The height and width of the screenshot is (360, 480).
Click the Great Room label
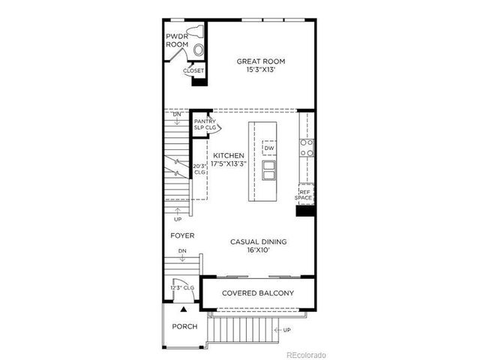tap(260, 66)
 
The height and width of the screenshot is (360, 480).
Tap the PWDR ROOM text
tap(177, 40)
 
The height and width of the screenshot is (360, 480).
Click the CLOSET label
tap(193, 70)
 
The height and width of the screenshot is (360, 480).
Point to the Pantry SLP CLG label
tap(205, 124)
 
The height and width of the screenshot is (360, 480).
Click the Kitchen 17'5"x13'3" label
tap(229, 160)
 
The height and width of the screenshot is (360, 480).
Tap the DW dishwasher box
tap(268, 148)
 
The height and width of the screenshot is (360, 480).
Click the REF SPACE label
tap(304, 194)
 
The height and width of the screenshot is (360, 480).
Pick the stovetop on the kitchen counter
tap(306, 147)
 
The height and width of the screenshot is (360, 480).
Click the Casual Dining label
tap(258, 246)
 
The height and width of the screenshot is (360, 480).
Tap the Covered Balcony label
tap(257, 293)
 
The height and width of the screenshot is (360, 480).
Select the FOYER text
tap(182, 235)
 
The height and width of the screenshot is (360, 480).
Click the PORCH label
tap(184, 326)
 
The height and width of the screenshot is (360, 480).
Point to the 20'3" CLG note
tap(199, 169)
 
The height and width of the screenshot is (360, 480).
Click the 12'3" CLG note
tap(182, 287)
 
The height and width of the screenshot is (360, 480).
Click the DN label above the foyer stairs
tap(182, 251)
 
